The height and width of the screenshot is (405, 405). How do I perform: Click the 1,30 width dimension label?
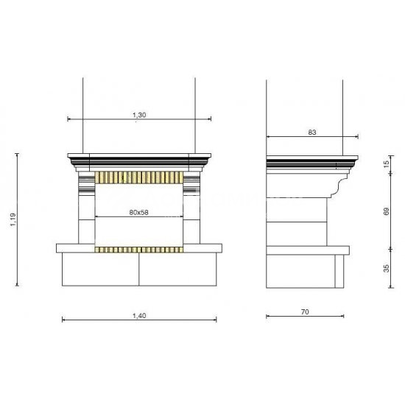pyautogui.click(x=139, y=115)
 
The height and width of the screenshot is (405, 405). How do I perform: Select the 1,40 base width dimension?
pyautogui.click(x=139, y=316)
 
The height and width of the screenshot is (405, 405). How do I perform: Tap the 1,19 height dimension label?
pyautogui.click(x=13, y=219)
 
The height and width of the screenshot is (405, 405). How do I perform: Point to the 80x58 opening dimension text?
pyautogui.click(x=138, y=212)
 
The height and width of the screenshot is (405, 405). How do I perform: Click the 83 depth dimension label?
pyautogui.click(x=312, y=133)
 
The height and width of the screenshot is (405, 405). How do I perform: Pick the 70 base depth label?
pyautogui.click(x=305, y=312)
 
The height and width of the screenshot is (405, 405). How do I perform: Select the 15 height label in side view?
pyautogui.click(x=386, y=164)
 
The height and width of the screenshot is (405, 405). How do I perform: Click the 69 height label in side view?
pyautogui.click(x=386, y=211)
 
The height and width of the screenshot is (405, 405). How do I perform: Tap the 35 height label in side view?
pyautogui.click(x=386, y=268)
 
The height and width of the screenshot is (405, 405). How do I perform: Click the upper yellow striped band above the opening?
pyautogui.click(x=139, y=177)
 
